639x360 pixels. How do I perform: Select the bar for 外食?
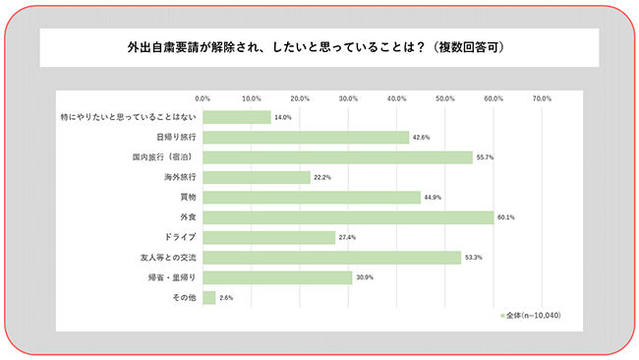click(x=348, y=217)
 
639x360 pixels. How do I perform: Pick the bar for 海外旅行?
click(x=257, y=177)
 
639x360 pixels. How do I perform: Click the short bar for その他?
click(x=209, y=297)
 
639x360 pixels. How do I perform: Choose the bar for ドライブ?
click(x=269, y=237)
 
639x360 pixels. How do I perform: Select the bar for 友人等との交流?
click(x=331, y=258)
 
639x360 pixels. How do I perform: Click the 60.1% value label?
click(x=505, y=217)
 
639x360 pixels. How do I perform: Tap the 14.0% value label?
click(x=282, y=117)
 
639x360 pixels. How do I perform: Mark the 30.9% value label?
click(x=364, y=277)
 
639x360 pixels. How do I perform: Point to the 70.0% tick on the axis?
click(x=542, y=98)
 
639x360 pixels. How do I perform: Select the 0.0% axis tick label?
click(x=203, y=98)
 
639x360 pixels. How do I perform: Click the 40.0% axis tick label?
click(x=397, y=98)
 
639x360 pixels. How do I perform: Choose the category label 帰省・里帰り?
click(x=173, y=277)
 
